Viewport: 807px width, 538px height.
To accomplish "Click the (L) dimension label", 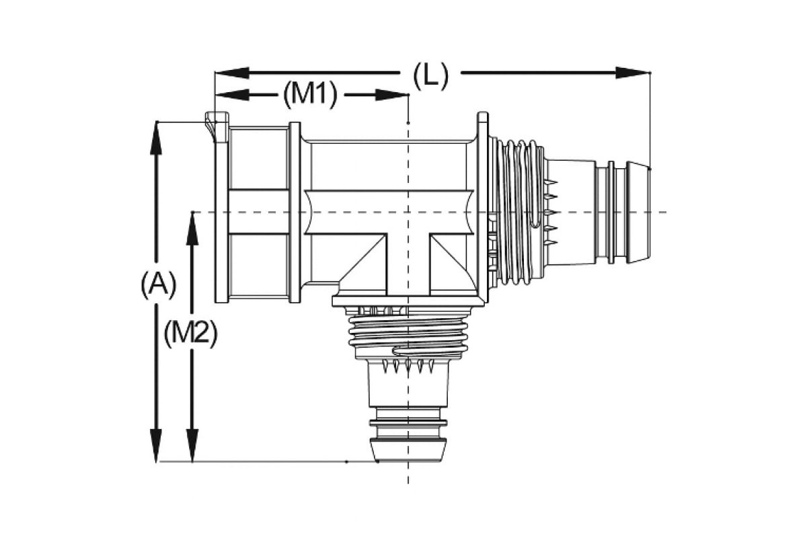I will click(430, 75).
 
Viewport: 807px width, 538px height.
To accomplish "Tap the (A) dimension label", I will click(158, 284).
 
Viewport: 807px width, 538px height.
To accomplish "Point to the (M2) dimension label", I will click(191, 333).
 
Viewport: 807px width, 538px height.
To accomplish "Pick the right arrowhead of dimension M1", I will click(392, 95).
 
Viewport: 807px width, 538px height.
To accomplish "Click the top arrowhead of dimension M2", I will click(192, 229).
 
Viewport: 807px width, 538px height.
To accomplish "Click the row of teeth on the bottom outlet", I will click(408, 367).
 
